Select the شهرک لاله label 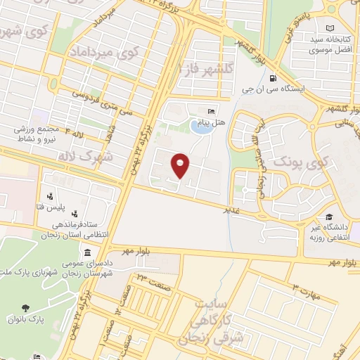point(106,155)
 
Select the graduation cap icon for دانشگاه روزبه point(328,217)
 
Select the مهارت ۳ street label point(305,292)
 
